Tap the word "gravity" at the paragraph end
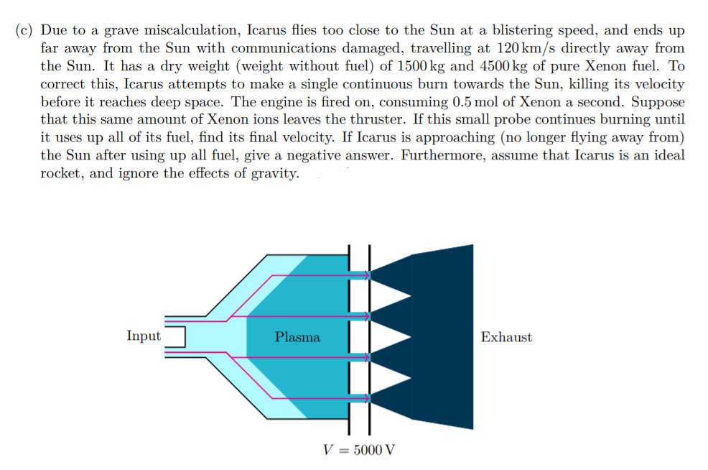(274, 172)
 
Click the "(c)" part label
(24, 31)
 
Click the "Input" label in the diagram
(144, 336)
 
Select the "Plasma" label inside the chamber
(297, 337)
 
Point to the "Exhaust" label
(506, 337)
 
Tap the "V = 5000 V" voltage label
(358, 451)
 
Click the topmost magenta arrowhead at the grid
(366, 273)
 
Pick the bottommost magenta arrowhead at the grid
(366, 397)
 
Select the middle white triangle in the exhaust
(392, 336)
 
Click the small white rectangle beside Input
(175, 336)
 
